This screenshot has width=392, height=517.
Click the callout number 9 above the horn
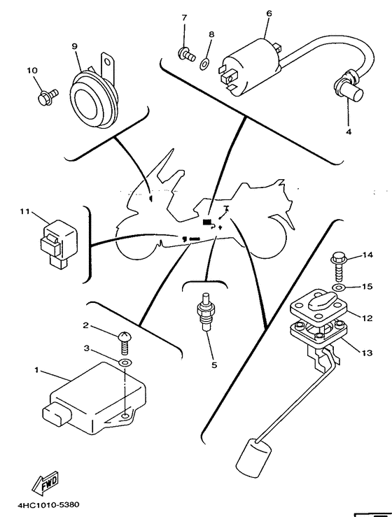pos(75,46)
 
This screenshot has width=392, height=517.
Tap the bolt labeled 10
pos(48,97)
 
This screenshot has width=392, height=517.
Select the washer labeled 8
pos(204,63)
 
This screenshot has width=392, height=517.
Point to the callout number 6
pos(269,13)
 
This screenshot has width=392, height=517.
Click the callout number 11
pos(25,211)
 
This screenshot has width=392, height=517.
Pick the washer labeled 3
pos(125,363)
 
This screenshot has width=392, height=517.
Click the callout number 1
pos(36,370)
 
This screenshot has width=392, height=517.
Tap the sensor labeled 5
pos(205,311)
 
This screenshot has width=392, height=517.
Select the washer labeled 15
pos(339,288)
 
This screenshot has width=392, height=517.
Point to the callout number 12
pos(367,318)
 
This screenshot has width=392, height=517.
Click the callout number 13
pos(367,353)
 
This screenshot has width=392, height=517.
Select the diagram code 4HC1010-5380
pos(48,505)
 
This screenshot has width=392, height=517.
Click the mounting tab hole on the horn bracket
pos(107,62)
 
